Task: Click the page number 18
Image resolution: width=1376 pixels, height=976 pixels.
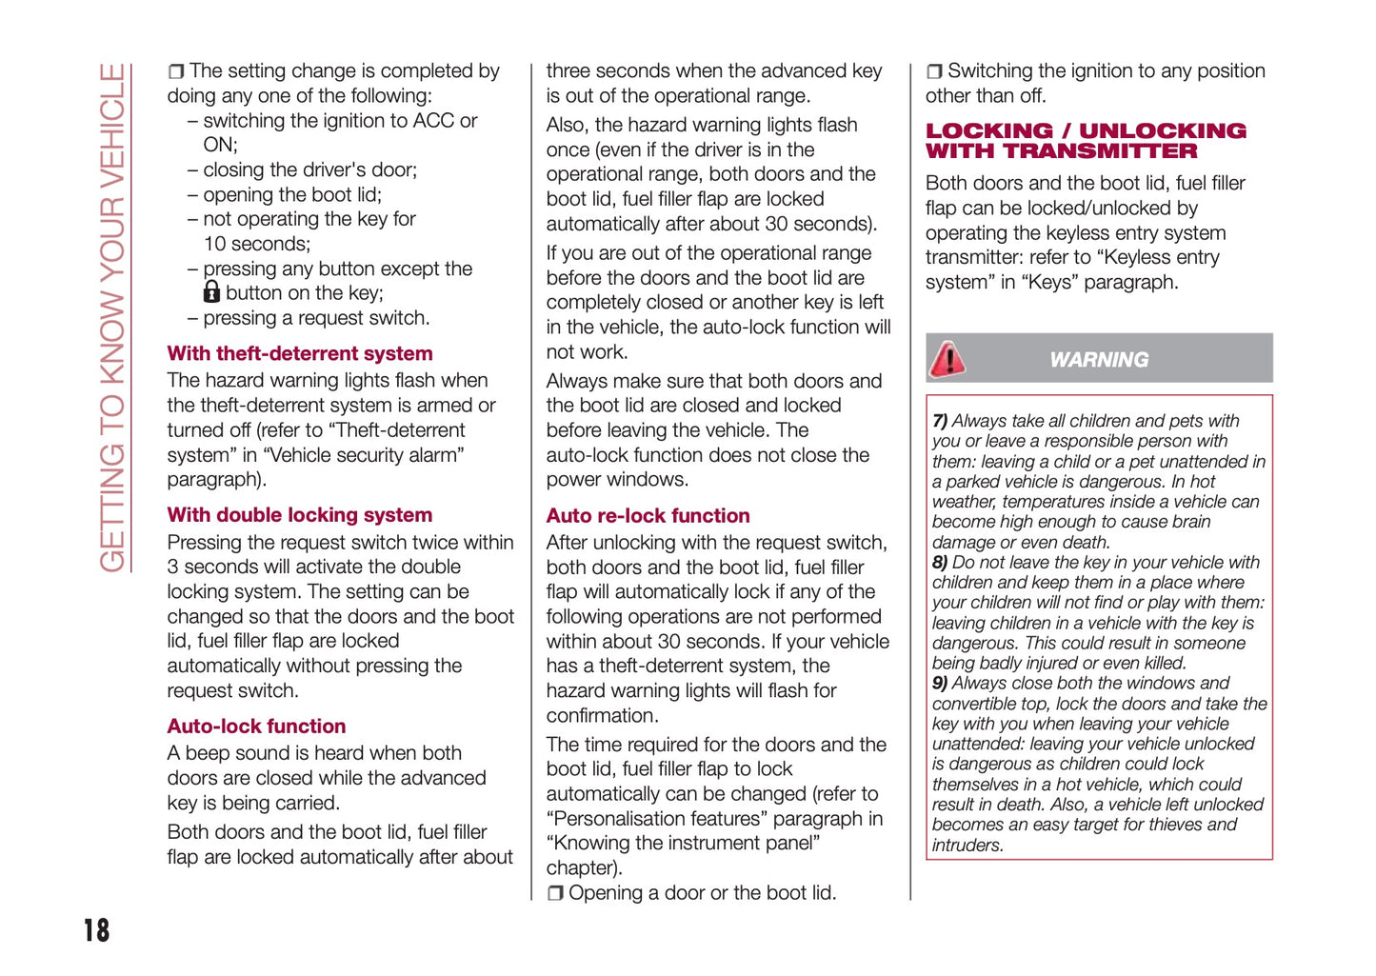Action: [96, 930]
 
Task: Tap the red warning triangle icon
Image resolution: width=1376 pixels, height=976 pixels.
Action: [947, 359]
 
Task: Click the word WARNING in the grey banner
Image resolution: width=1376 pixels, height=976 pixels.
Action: [1099, 360]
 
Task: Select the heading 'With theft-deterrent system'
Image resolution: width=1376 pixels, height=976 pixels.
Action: [300, 353]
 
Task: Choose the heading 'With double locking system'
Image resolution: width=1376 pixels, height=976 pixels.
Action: [300, 515]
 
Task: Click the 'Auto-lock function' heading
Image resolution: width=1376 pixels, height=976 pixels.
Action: [256, 727]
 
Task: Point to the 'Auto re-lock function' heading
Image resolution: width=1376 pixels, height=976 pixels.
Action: [648, 516]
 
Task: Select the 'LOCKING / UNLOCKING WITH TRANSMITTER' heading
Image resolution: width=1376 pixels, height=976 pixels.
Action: [1086, 141]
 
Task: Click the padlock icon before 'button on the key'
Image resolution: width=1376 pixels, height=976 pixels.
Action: [211, 292]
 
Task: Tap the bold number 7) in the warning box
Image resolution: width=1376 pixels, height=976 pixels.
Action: [940, 421]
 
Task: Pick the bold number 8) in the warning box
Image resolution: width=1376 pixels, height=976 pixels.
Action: [940, 563]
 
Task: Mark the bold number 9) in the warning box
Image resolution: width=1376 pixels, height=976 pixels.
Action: [940, 684]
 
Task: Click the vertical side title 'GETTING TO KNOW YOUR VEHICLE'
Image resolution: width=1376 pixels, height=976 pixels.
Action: [112, 317]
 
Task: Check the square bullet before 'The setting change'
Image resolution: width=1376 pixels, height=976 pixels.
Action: [176, 71]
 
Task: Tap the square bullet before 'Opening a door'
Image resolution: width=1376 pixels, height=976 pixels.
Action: [555, 894]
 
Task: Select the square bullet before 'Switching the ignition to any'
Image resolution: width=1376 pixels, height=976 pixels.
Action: [934, 71]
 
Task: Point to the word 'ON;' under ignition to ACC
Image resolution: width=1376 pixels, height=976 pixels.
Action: [220, 145]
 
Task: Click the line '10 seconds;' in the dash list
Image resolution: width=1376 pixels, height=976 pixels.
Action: [257, 244]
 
